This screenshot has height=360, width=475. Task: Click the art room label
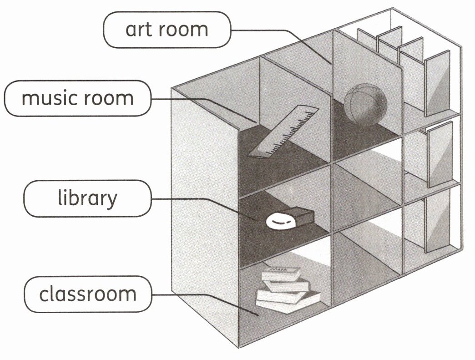[167, 30]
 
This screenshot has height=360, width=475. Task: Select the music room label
[77, 98]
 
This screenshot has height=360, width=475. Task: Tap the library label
[87, 198]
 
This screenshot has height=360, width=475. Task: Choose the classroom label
[87, 294]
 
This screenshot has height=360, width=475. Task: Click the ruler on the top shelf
[282, 132]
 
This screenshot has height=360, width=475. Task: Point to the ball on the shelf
[365, 105]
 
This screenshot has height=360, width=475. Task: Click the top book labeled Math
[280, 274]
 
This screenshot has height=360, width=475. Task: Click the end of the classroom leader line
[258, 314]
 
